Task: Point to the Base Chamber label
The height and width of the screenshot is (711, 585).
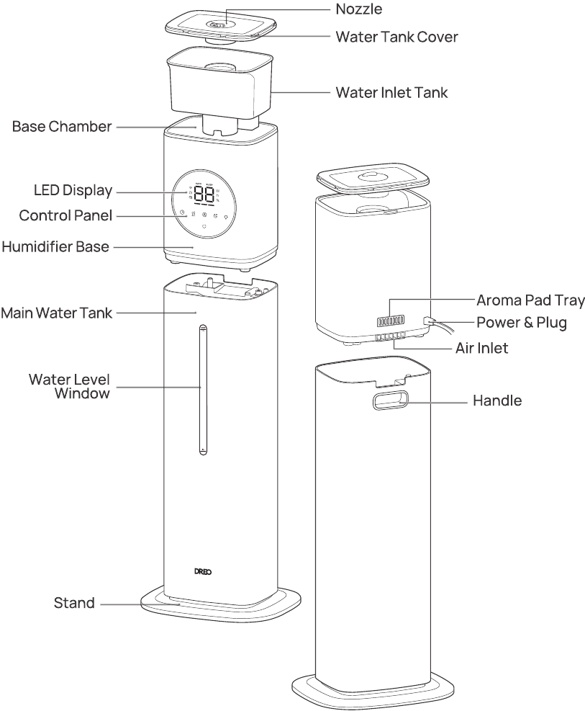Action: point(62,127)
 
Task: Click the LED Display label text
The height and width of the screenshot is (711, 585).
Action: point(74,191)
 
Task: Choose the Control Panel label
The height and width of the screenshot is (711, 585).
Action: point(66,215)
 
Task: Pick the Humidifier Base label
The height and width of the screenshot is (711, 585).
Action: point(55,247)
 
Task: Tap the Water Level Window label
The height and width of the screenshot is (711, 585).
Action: point(69,386)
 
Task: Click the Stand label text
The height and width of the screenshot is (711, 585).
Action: point(75,603)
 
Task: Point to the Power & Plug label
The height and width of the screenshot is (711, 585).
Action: point(522,323)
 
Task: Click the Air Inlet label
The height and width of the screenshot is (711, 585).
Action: point(482,348)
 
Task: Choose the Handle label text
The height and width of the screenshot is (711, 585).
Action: point(497,401)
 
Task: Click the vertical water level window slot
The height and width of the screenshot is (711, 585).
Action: point(203,389)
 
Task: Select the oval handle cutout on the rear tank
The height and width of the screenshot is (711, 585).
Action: point(389,400)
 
